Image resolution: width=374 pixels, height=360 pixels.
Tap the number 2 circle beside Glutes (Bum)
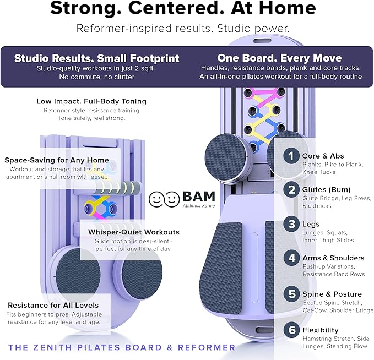click(291, 190)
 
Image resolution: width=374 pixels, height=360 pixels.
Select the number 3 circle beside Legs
click(291, 225)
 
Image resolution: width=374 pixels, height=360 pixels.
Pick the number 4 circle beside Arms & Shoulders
click(291, 258)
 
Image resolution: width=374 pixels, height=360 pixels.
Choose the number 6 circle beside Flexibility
click(291, 330)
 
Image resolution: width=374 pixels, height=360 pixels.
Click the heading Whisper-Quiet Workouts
click(134, 232)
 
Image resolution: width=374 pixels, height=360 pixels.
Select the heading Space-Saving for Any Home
click(57, 160)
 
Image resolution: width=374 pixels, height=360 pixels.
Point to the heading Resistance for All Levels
click(53, 305)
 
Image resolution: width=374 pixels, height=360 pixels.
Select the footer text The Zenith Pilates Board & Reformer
click(122, 347)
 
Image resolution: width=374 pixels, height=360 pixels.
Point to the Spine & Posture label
click(332, 294)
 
